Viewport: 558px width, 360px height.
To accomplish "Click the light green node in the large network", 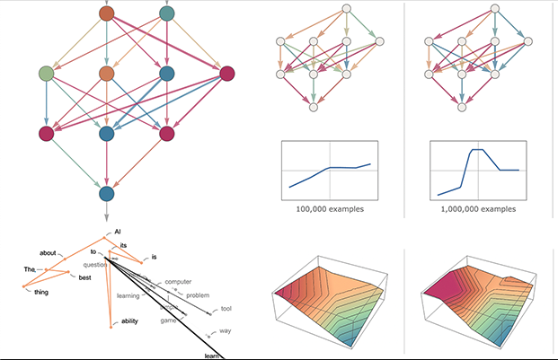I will pyautogui.click(x=47, y=74).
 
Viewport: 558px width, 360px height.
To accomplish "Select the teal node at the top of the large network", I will pyautogui.click(x=166, y=13).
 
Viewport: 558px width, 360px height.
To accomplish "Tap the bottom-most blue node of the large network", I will pyautogui.click(x=107, y=193).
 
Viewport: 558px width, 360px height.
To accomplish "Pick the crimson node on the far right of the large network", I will pyautogui.click(x=226, y=74).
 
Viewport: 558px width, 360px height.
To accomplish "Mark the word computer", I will pyautogui.click(x=178, y=283).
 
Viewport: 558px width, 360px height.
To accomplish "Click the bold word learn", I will pyautogui.click(x=212, y=356).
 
